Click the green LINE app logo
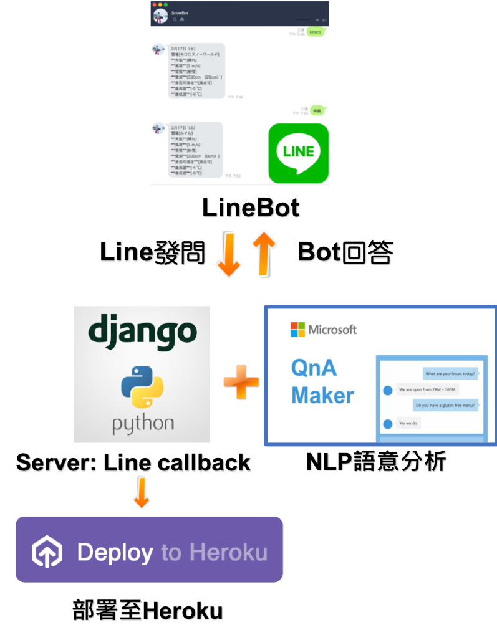298,153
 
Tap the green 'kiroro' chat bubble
315,31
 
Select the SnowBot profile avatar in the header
160,16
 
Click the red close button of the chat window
153,4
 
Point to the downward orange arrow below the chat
228,254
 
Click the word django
142,332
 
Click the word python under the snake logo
142,424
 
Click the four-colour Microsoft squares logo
298,330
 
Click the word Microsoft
332,330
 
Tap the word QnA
314,368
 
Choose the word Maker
322,395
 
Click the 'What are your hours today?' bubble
450,375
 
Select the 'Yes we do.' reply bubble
410,423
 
